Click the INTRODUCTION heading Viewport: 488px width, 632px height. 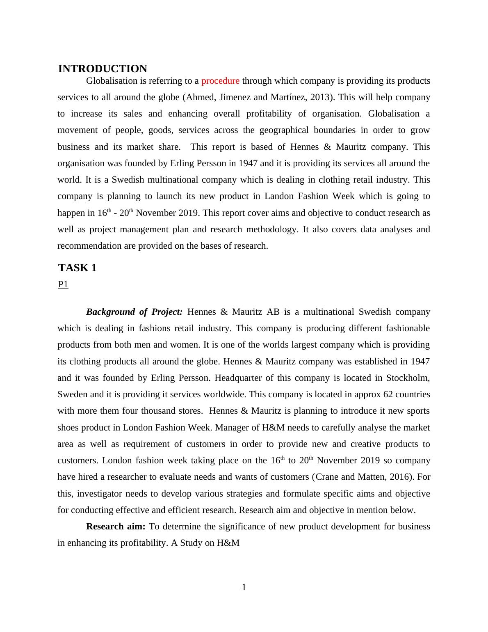pos(103,69)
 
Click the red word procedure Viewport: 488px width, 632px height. pos(220,81)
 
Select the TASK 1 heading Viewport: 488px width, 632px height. pos(78,268)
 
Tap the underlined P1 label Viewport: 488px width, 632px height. pos(63,284)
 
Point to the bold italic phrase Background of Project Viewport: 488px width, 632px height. pos(134,312)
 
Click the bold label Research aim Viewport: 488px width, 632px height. pos(116,527)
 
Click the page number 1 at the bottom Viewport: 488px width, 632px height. pos(244,587)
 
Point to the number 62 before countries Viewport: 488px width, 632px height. pos(388,394)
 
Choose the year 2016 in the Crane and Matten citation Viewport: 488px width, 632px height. pos(392,477)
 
